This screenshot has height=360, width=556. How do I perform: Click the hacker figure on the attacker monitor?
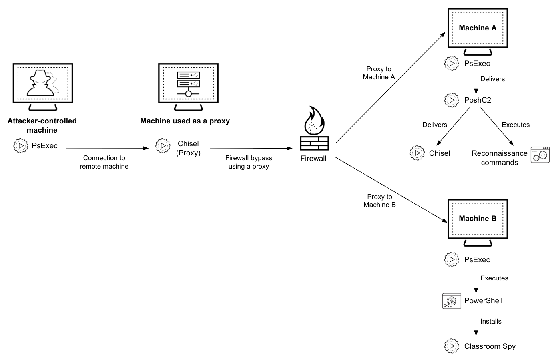click(40, 83)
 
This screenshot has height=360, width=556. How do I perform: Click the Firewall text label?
click(313, 159)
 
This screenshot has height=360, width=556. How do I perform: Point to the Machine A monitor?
click(477, 28)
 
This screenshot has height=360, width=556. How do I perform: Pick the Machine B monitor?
click(477, 219)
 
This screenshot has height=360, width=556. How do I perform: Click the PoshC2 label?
click(477, 100)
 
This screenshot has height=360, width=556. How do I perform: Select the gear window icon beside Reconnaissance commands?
click(540, 155)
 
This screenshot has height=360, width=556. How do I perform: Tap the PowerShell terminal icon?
click(451, 301)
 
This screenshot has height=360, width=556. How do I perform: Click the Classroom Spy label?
click(490, 346)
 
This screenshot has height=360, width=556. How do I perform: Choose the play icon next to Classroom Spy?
click(452, 346)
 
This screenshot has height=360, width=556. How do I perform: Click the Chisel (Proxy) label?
click(188, 148)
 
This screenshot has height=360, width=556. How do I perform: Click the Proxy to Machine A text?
click(379, 73)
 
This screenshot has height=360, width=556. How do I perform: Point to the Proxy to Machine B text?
click(379, 201)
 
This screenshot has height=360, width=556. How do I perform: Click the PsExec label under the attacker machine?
click(45, 146)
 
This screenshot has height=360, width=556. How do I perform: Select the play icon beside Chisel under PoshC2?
click(417, 153)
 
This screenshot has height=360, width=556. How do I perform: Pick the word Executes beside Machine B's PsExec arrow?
click(494, 278)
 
